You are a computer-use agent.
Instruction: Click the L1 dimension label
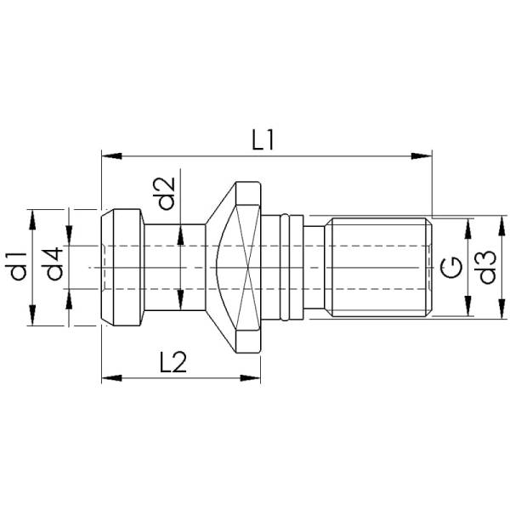tap(263, 138)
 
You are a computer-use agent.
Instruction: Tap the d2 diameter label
tap(167, 193)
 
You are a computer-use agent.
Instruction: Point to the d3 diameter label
tap(485, 267)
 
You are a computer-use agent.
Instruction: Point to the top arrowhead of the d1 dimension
tap(32, 217)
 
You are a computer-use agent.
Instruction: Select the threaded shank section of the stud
tap(381, 267)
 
